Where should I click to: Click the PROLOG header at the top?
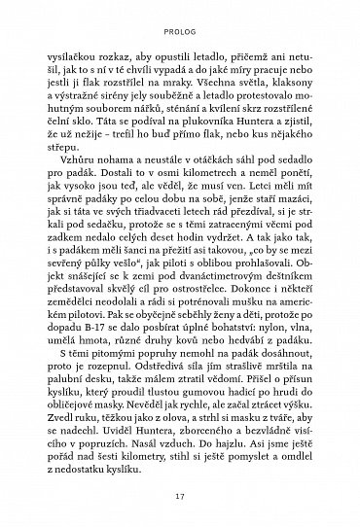(x=179, y=17)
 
